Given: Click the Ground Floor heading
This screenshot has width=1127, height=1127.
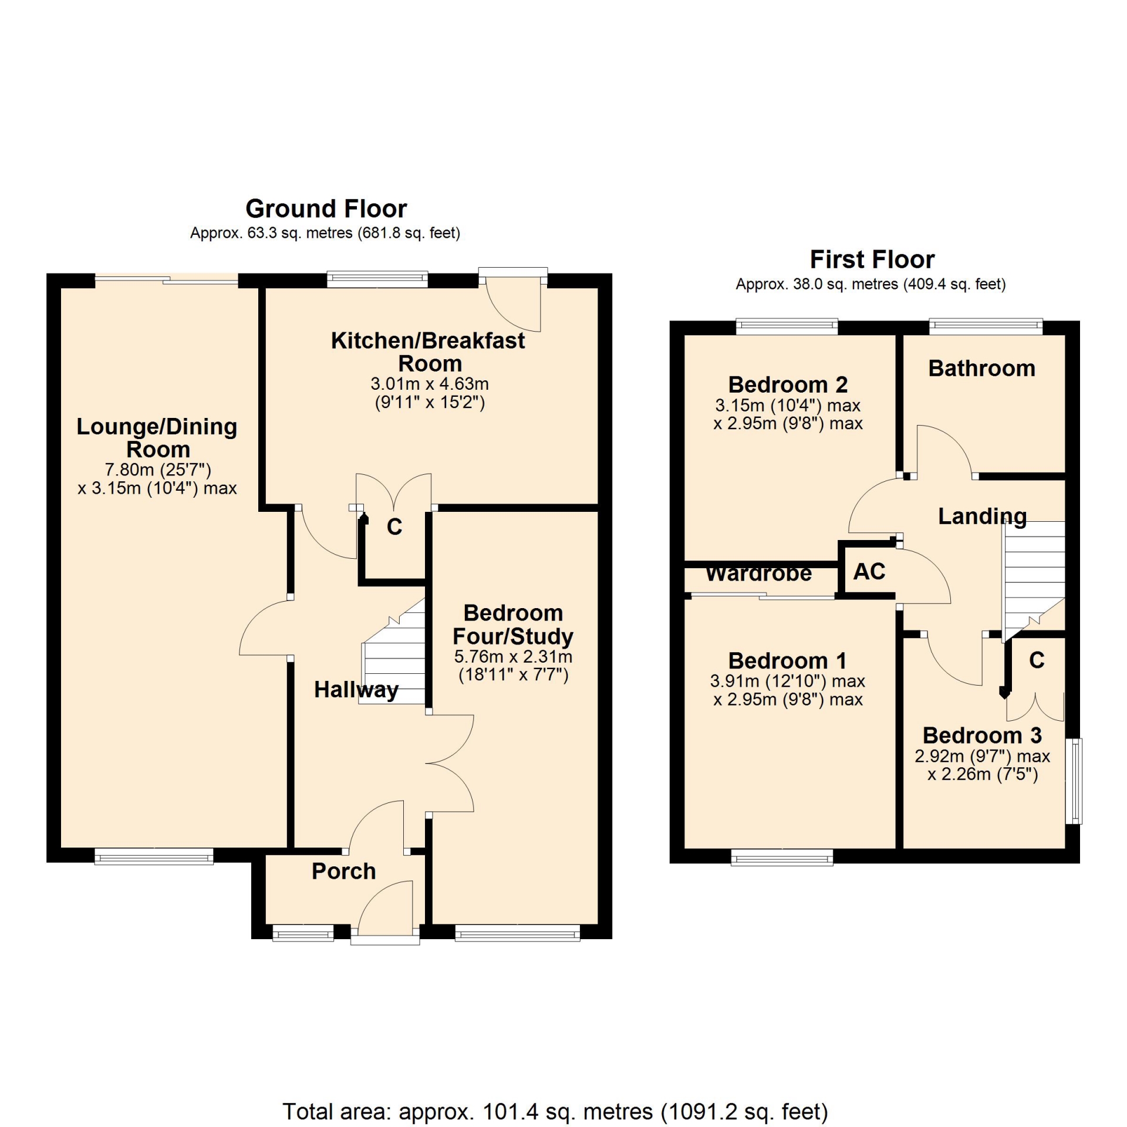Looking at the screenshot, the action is pyautogui.click(x=326, y=208).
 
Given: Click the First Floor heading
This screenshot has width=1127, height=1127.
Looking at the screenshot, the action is pyautogui.click(x=872, y=259).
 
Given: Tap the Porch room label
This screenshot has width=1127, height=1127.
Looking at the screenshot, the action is pyautogui.click(x=344, y=871).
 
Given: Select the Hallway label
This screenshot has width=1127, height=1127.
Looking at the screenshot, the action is pyautogui.click(x=356, y=690).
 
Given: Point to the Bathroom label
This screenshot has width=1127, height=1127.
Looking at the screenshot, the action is pyautogui.click(x=982, y=368).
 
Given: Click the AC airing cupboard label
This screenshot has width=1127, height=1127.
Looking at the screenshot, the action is pyautogui.click(x=869, y=571).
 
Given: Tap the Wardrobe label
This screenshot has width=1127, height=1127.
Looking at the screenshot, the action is pyautogui.click(x=759, y=573).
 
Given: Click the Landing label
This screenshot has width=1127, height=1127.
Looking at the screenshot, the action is pyautogui.click(x=983, y=516).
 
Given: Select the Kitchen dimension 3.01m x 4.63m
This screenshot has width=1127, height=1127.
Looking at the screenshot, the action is pyautogui.click(x=430, y=384).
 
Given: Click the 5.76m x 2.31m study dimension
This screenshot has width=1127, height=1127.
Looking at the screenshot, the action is pyautogui.click(x=513, y=656).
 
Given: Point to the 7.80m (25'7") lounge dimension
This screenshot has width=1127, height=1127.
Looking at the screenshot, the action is pyautogui.click(x=158, y=470).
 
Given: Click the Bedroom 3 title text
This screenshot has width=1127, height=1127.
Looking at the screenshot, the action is pyautogui.click(x=982, y=735).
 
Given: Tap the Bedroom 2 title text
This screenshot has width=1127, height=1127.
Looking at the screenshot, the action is pyautogui.click(x=788, y=385).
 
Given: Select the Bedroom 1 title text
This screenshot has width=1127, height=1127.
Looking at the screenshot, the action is pyautogui.click(x=787, y=661).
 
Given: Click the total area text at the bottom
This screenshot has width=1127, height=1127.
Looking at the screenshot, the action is pyautogui.click(x=555, y=1112).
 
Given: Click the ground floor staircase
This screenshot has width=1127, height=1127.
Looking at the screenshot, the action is pyautogui.click(x=392, y=652).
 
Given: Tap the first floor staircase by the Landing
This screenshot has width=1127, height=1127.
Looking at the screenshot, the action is pyautogui.click(x=1033, y=581).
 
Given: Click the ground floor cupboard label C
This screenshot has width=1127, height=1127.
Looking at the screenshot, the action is pyautogui.click(x=394, y=527).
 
